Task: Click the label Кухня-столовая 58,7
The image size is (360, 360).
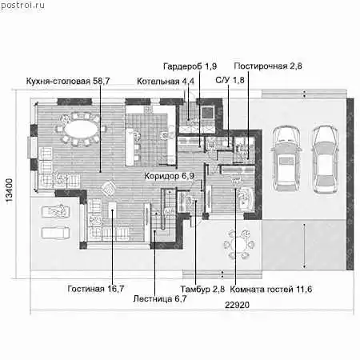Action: coord(68,81)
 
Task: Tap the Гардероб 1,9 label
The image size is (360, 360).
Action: coord(190,66)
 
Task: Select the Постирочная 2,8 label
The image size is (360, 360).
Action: coord(268,66)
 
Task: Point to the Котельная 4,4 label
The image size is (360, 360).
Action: coord(166,82)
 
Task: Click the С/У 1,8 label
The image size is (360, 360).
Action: coord(230,80)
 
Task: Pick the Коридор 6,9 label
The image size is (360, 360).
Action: coord(170,176)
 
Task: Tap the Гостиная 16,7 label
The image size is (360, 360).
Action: coord(96,289)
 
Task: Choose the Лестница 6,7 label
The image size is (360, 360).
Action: coord(160,298)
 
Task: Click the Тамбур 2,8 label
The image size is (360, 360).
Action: coord(202,289)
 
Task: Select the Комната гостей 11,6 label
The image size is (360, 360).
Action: coord(271,290)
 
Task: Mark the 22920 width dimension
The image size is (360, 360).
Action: coord(237,305)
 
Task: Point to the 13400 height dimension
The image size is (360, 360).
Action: coord(9,190)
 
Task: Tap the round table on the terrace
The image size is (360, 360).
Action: coord(239,245)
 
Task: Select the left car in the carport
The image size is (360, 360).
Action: coord(286,158)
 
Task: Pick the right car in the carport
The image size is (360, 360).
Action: coord(326,159)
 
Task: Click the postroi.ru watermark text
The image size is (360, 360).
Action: coord(22,6)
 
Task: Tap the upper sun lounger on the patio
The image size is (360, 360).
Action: coord(56,211)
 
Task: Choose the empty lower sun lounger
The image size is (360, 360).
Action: coord(56,233)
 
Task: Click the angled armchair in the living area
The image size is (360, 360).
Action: coord(108,189)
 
